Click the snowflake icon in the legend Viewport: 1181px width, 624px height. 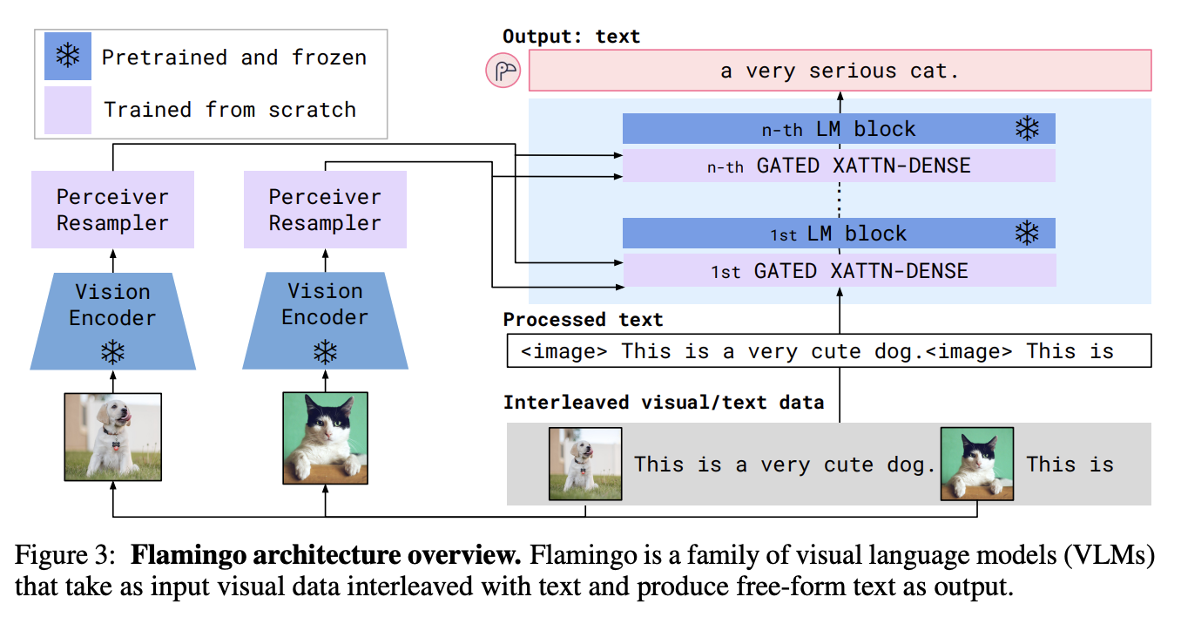67,57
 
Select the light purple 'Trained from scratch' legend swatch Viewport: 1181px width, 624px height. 67,110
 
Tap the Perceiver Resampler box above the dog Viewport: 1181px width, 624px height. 112,210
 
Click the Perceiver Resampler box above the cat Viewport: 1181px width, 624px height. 325,210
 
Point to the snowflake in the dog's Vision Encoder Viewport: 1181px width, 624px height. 112,352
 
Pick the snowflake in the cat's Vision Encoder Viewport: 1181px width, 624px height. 325,352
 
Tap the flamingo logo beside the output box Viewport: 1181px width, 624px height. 503,71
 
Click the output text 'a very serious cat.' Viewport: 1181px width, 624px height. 840,71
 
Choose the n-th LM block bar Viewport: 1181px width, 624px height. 838,129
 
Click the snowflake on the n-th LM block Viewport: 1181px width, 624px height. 1028,129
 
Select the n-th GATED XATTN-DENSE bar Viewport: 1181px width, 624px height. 838,166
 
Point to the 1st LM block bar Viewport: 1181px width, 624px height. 838,234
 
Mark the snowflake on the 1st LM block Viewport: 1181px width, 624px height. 1028,234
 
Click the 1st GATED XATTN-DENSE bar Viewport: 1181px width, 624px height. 838,271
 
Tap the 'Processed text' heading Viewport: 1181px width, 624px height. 583,319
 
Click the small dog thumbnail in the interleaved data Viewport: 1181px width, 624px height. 585,464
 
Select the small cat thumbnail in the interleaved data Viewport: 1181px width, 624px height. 977,464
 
